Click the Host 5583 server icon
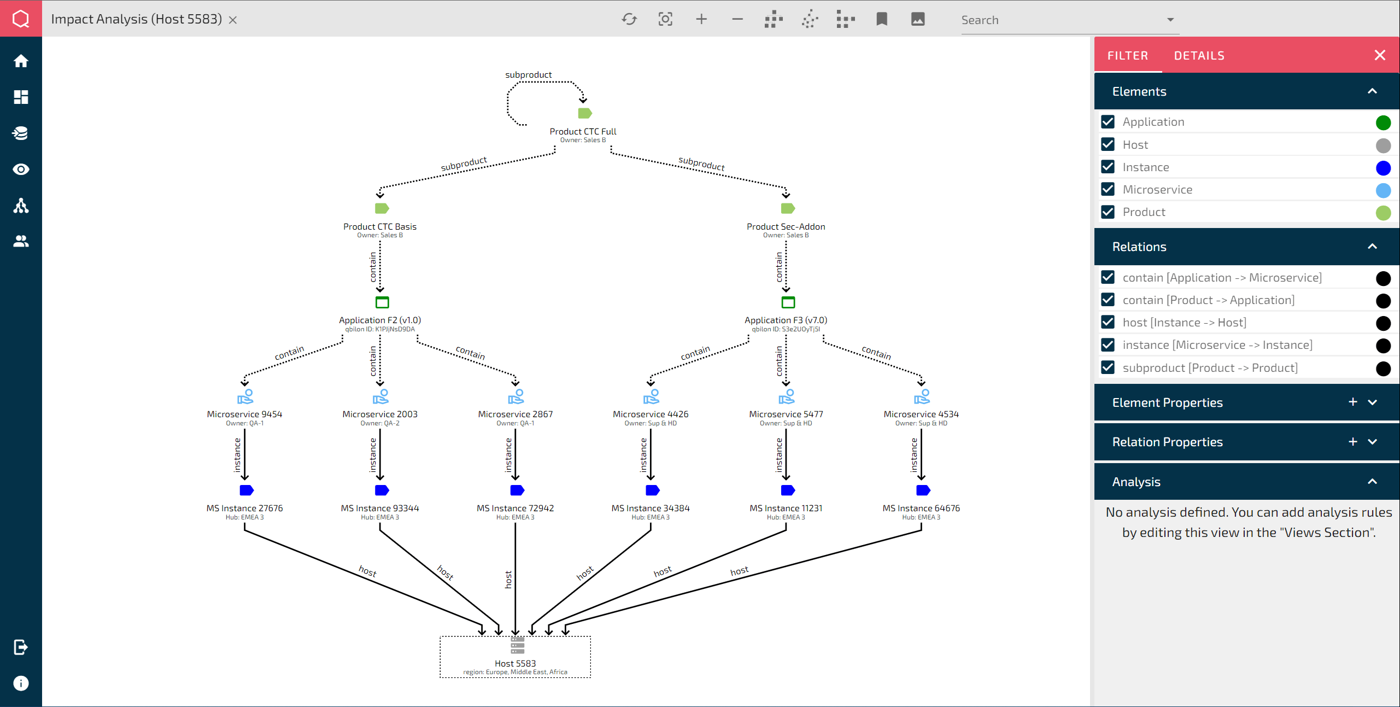(x=517, y=645)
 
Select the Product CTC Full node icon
(x=584, y=113)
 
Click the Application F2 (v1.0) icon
(x=382, y=302)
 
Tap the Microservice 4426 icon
(x=651, y=396)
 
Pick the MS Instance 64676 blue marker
(x=923, y=490)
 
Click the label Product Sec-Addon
(x=786, y=226)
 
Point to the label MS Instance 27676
(x=244, y=508)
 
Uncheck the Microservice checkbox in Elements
(x=1108, y=189)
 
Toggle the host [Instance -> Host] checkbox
(x=1108, y=322)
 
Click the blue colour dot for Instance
(x=1383, y=168)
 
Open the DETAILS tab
(x=1199, y=56)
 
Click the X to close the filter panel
(x=1380, y=55)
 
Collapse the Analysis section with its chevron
(x=1372, y=482)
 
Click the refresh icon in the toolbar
(x=629, y=20)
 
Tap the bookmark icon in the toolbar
(x=882, y=20)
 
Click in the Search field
(x=1061, y=20)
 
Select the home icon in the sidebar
(x=21, y=61)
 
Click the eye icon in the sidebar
(x=21, y=170)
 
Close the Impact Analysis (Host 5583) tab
(x=233, y=20)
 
